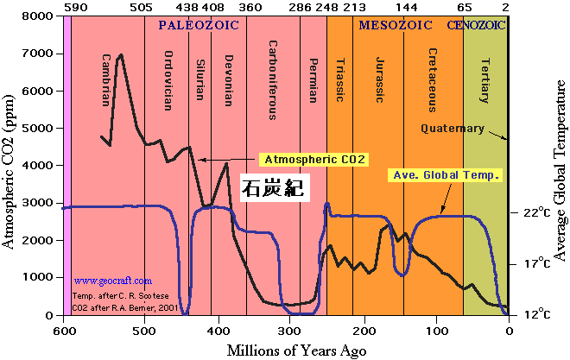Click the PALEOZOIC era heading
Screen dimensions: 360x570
coord(198,25)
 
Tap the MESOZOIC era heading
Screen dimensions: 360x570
coord(396,25)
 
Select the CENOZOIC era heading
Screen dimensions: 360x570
coord(478,25)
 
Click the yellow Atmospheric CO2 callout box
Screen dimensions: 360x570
coord(315,160)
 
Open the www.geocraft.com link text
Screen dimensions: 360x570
coord(112,281)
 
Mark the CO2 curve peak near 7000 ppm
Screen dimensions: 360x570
coord(121,55)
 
